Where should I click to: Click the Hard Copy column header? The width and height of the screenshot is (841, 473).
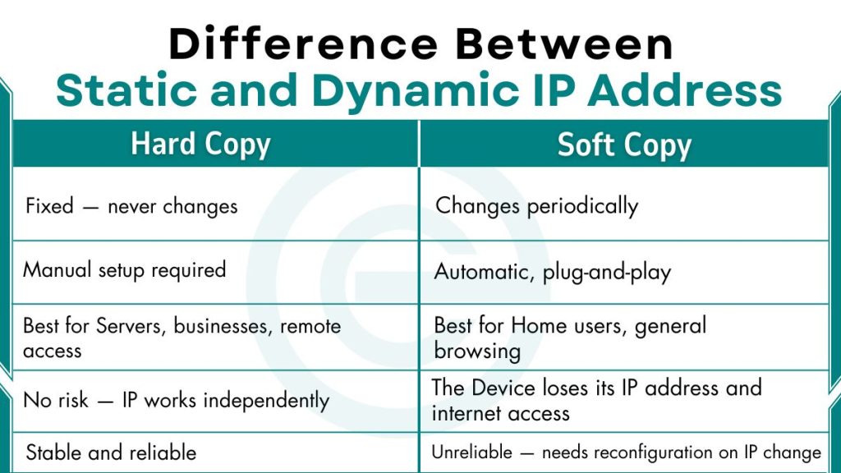point(200,145)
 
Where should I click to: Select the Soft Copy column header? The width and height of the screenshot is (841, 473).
point(624,145)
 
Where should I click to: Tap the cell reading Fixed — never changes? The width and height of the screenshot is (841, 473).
point(131,205)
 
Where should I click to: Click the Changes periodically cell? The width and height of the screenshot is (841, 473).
point(536,205)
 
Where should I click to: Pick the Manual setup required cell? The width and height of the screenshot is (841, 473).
point(124,269)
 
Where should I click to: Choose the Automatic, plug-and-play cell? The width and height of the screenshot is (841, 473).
point(552,272)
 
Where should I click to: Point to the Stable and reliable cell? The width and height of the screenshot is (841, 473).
point(111,452)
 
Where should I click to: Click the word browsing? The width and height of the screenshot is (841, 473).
point(477,351)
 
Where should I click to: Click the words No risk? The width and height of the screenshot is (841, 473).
point(56,401)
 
